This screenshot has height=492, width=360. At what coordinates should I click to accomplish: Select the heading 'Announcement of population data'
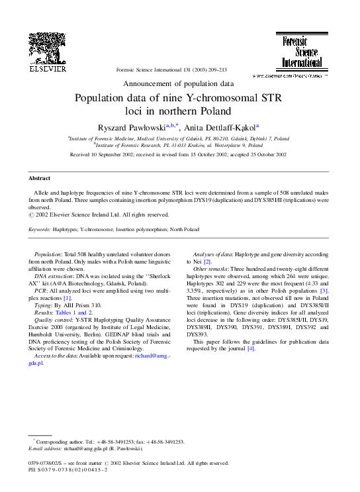pos(179,84)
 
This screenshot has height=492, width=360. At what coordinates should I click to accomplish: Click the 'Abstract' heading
pos(39,179)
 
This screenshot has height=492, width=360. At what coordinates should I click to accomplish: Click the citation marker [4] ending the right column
pos(251,349)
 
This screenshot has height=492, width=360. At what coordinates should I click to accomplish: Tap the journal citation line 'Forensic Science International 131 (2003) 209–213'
pos(171,70)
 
